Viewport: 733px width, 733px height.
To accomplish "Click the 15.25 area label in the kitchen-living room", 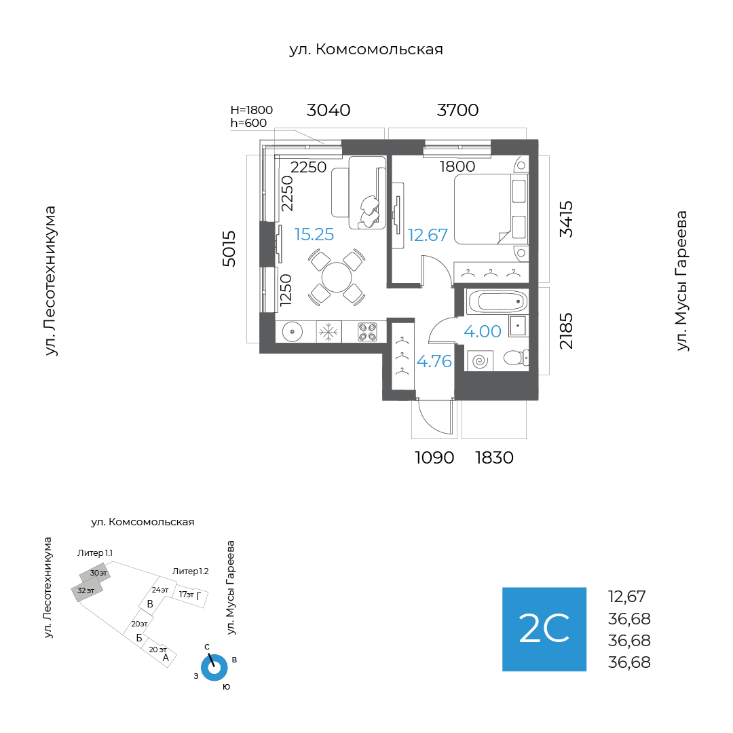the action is pyautogui.click(x=314, y=234).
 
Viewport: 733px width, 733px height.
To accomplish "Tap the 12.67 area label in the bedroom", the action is pyautogui.click(x=428, y=235).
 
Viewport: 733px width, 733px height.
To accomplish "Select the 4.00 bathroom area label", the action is pyautogui.click(x=483, y=331).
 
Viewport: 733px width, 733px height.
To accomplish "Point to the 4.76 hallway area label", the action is pyautogui.click(x=434, y=361).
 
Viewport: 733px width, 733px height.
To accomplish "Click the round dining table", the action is pyautogui.click(x=337, y=277).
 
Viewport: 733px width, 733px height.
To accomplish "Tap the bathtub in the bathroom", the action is pyautogui.click(x=497, y=301).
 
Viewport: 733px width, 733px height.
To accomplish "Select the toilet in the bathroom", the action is pyautogui.click(x=516, y=358).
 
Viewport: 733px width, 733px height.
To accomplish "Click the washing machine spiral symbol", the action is pyautogui.click(x=480, y=361).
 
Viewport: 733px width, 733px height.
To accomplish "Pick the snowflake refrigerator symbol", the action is pyautogui.click(x=328, y=333).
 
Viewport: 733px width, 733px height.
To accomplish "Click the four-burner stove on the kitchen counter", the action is pyautogui.click(x=367, y=333).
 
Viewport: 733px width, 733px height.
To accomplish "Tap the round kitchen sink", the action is pyautogui.click(x=292, y=332).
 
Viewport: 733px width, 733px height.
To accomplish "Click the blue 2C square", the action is pyautogui.click(x=544, y=629).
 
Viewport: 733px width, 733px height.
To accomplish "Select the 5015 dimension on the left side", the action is pyautogui.click(x=229, y=248).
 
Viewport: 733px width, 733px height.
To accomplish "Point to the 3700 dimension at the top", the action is pyautogui.click(x=457, y=111).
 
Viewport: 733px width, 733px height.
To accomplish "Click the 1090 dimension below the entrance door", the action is pyautogui.click(x=434, y=457).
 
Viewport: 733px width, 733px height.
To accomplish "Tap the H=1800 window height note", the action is pyautogui.click(x=252, y=110).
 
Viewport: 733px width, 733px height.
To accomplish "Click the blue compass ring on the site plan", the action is pyautogui.click(x=214, y=668).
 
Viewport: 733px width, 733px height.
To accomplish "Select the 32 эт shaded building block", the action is pyautogui.click(x=86, y=591).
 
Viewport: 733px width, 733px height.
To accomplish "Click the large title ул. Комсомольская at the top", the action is pyautogui.click(x=366, y=50).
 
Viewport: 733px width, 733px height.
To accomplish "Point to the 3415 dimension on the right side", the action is pyautogui.click(x=566, y=219).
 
